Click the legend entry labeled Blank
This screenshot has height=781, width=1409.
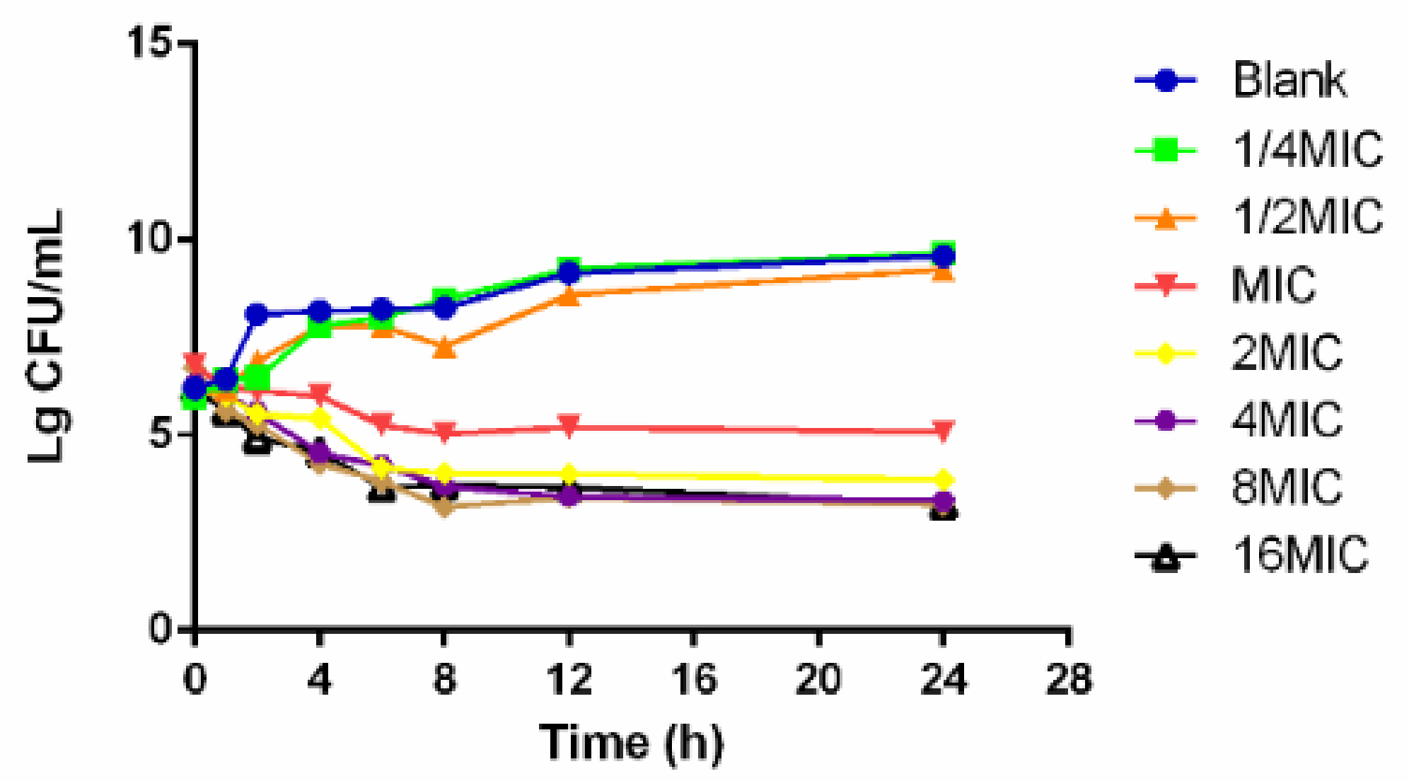point(1289,80)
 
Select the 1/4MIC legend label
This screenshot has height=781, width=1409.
point(1307,149)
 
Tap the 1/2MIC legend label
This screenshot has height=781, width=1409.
point(1307,216)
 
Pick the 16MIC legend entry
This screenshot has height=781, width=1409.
point(1300,555)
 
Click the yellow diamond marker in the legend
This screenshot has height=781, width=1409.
point(1165,353)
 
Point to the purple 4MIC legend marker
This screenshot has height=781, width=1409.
point(1165,421)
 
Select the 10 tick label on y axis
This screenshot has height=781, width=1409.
point(150,239)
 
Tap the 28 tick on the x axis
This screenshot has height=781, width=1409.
point(1068,679)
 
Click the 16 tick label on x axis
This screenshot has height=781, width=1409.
point(694,679)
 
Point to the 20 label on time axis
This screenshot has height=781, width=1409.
point(818,679)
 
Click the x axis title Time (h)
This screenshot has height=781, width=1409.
point(632,743)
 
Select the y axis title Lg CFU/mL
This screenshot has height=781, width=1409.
point(47,336)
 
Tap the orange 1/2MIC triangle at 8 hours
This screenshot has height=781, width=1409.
point(444,347)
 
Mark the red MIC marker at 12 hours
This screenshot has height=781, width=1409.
point(569,426)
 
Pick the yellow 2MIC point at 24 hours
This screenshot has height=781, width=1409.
point(943,480)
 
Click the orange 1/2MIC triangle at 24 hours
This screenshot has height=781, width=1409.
point(943,272)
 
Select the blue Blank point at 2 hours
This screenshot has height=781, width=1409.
point(257,314)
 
